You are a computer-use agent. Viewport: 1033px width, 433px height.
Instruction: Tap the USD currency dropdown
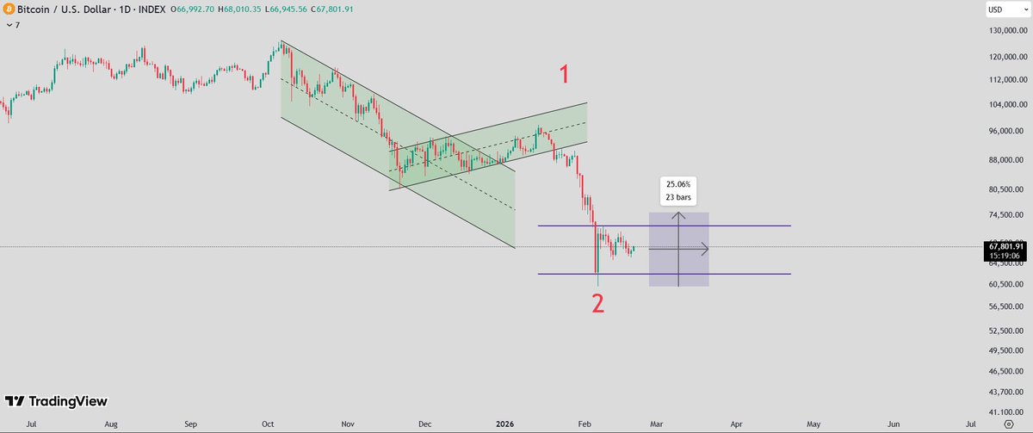[x=1000, y=9]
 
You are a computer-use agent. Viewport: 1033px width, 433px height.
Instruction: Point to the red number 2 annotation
[x=597, y=303]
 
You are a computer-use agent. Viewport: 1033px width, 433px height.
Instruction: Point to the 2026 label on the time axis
[x=505, y=424]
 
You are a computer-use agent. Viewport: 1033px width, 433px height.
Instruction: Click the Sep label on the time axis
[x=191, y=424]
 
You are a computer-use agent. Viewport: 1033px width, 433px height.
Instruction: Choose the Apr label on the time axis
[x=737, y=424]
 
